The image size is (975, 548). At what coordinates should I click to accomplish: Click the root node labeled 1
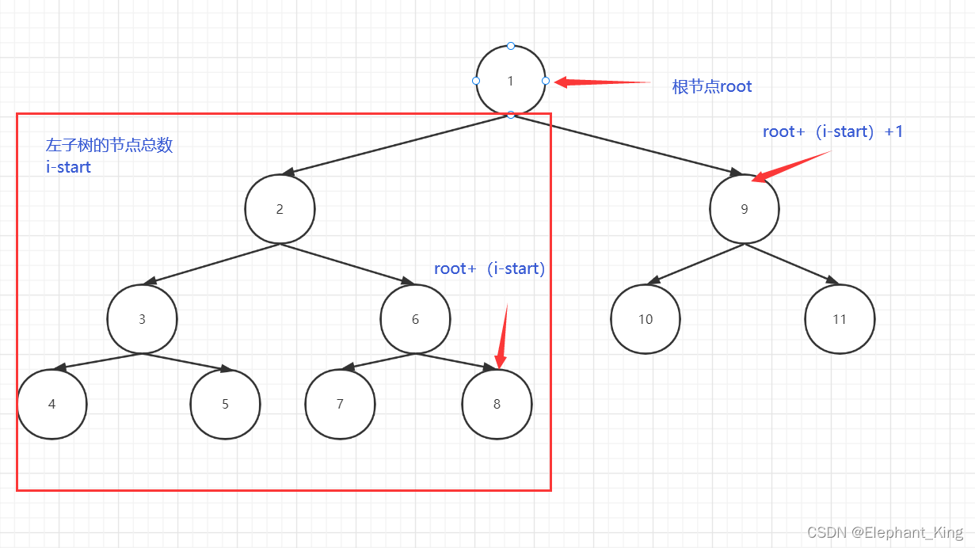(511, 80)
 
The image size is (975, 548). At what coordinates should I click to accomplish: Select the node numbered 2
(280, 209)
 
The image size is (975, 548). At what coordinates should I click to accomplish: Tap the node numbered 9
(744, 209)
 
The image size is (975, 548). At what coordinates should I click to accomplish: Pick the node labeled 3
(143, 319)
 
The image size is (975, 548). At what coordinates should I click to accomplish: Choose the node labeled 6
(415, 319)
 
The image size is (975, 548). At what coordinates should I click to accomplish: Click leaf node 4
(52, 404)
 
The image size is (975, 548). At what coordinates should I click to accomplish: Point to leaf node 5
(225, 404)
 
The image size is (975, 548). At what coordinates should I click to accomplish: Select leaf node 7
(340, 404)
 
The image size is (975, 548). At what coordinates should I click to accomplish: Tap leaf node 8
(497, 404)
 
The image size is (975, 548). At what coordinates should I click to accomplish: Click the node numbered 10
(646, 319)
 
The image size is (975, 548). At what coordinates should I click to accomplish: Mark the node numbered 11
(840, 319)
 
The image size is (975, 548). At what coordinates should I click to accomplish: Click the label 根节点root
(711, 87)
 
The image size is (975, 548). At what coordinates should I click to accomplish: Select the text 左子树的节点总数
(109, 146)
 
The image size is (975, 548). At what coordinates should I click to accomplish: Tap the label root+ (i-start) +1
(832, 132)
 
